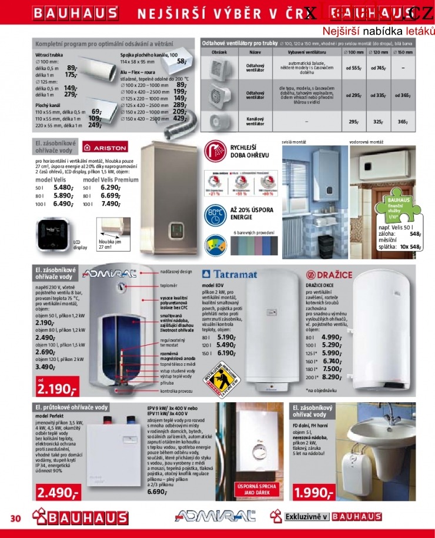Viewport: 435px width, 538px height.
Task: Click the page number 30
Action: (15, 518)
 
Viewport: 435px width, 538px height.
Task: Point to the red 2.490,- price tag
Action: (58, 493)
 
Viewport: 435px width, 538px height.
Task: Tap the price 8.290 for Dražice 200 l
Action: (332, 376)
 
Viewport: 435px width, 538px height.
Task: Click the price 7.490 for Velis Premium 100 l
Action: (111, 204)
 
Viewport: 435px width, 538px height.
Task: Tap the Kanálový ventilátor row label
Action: (255, 122)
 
